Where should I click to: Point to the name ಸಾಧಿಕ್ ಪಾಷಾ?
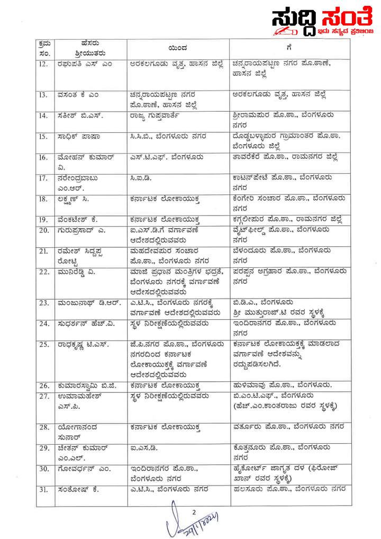(77, 136)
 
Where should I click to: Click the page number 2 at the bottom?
(194, 512)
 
